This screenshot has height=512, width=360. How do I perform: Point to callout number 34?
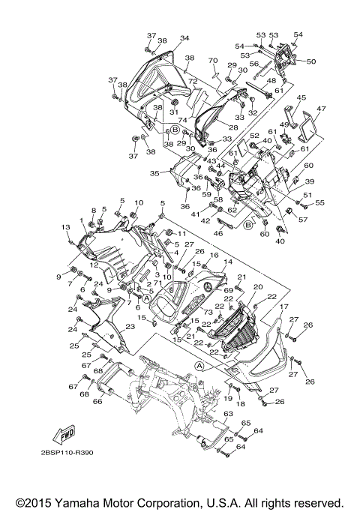pos(184,38)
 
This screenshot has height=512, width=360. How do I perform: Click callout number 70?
pos(212,60)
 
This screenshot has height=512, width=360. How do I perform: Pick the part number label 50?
pos(311,61)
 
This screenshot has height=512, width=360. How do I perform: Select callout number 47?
pos(321,109)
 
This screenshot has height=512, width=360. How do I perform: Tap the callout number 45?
pos(301,97)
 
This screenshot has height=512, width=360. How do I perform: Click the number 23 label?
pos(130,327)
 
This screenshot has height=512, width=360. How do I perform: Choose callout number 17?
pos(284,307)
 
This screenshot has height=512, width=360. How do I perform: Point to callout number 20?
pos(257,287)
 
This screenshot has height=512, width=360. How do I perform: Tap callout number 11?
pos(181,234)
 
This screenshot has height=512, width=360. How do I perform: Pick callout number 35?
pos(154,172)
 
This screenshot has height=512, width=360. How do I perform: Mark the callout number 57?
pos(303,220)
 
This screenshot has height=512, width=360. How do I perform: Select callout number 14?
pos(228,261)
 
